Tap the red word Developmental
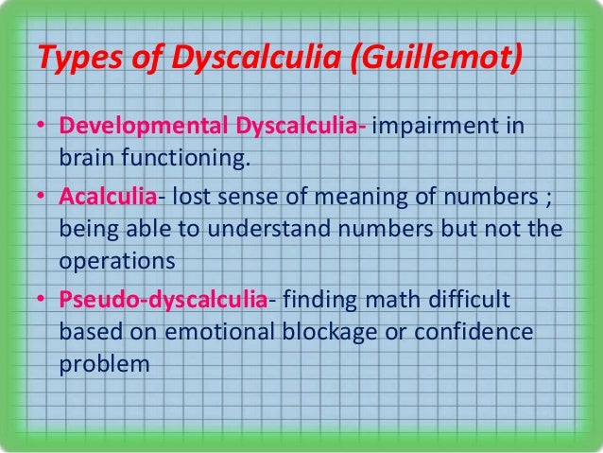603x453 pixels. pos(133,127)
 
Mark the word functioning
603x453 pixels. pos(178,153)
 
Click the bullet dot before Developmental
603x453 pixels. pos(43,128)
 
